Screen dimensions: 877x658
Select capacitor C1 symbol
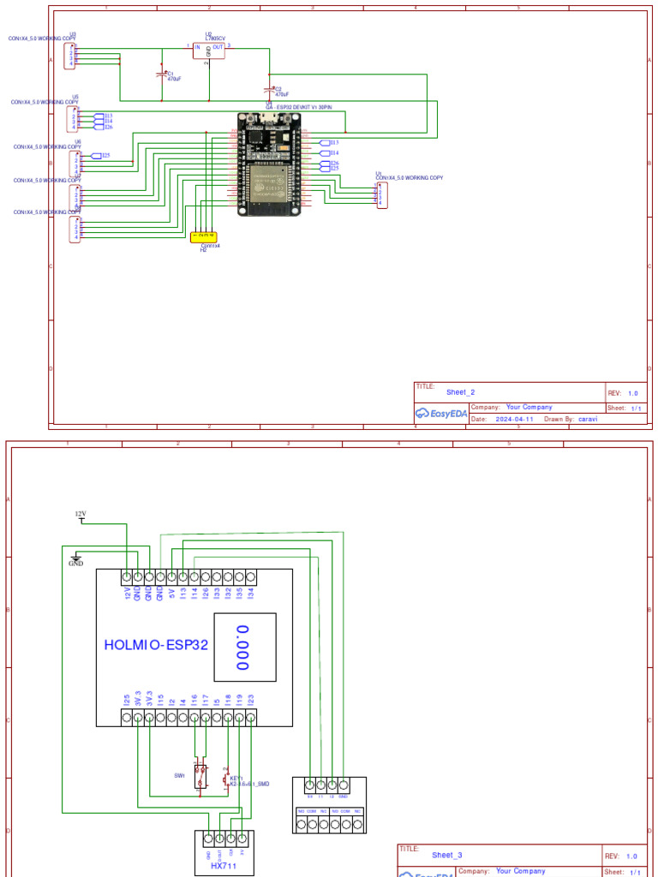click(x=161, y=75)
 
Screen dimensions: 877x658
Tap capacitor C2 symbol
click(x=269, y=90)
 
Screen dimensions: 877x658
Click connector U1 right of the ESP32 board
click(x=382, y=195)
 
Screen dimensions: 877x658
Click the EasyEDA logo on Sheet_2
click(x=441, y=413)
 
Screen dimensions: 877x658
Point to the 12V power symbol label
click(x=81, y=514)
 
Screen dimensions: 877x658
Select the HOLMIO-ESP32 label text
click(x=156, y=645)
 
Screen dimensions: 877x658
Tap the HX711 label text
click(x=223, y=867)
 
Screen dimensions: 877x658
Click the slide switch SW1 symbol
click(x=200, y=776)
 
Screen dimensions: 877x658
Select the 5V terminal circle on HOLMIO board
click(x=171, y=576)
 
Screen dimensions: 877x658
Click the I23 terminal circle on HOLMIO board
click(x=250, y=718)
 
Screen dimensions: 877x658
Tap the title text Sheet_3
click(x=447, y=855)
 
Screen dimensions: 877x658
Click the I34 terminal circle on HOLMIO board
click(x=250, y=576)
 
